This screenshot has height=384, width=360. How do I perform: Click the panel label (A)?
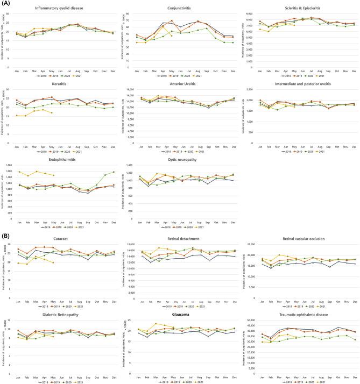(6, 4)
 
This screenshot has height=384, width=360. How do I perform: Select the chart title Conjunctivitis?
(181, 8)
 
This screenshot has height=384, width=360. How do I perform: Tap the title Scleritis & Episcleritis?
(301, 8)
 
